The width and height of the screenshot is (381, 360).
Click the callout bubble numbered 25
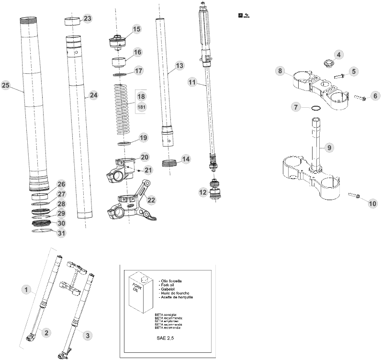(x=6, y=85)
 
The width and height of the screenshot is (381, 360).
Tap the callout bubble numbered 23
(x=87, y=18)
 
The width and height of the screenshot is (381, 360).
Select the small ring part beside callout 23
(x=72, y=22)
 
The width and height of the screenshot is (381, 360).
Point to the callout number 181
(x=142, y=107)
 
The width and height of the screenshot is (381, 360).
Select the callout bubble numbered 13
(x=179, y=65)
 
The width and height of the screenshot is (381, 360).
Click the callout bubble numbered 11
(x=192, y=82)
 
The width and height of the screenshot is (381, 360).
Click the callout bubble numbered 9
(x=329, y=147)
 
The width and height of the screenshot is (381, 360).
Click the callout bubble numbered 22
(x=152, y=200)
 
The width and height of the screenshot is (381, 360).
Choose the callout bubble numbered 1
(x=27, y=289)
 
